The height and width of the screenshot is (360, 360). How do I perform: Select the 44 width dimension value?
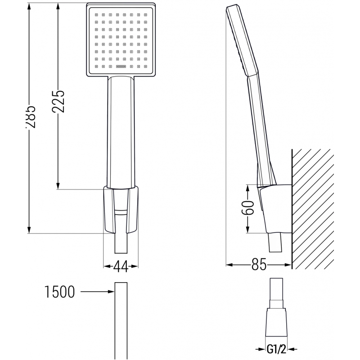tap(121, 266)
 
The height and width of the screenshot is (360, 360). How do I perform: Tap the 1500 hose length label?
tap(59, 292)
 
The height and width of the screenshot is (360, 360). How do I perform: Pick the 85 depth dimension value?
tap(258, 265)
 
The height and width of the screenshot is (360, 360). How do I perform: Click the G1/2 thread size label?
tap(277, 348)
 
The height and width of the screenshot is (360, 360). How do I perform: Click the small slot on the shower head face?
tap(121, 67)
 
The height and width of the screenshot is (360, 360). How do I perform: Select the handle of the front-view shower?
tap(121, 130)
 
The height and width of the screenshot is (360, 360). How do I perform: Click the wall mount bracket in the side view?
tap(274, 207)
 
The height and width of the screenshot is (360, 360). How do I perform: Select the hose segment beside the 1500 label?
tap(121, 319)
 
